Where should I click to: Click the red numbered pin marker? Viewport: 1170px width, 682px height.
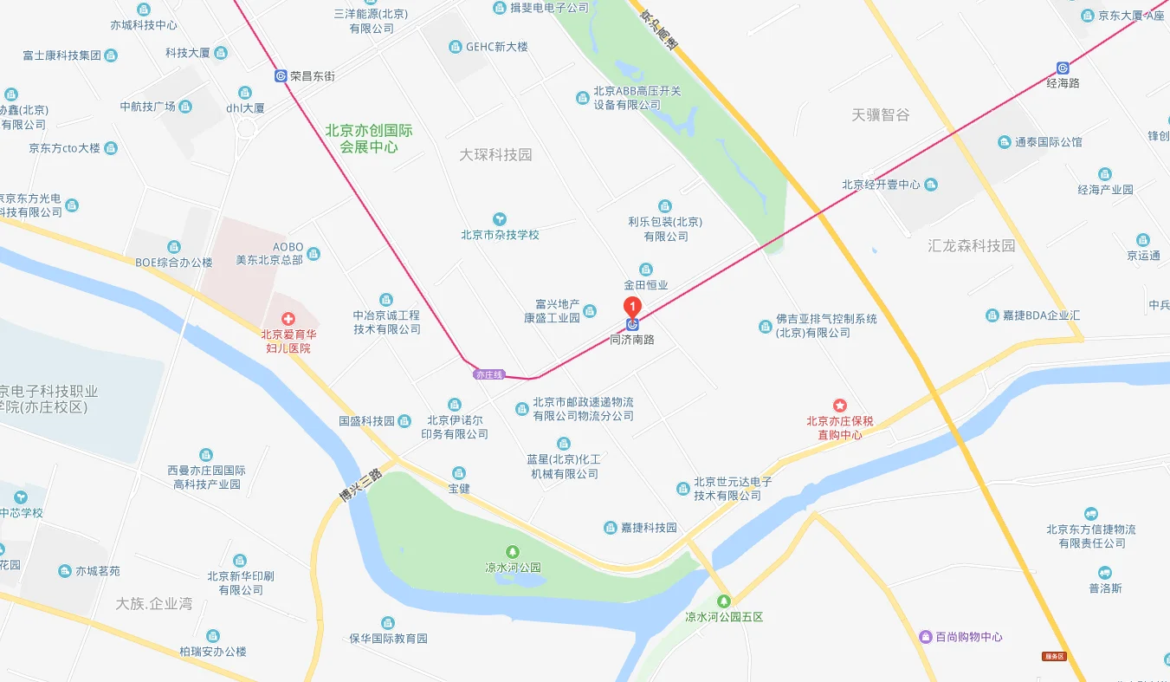click(x=633, y=306)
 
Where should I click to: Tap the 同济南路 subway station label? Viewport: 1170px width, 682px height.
click(x=632, y=339)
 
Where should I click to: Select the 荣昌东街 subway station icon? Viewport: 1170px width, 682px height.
click(x=281, y=75)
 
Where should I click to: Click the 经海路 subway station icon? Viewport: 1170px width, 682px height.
click(x=1063, y=68)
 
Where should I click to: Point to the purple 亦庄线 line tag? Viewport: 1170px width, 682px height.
click(x=488, y=374)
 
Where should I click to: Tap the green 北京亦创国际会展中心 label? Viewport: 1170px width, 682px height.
click(x=369, y=139)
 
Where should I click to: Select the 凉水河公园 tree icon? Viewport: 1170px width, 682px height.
click(x=513, y=551)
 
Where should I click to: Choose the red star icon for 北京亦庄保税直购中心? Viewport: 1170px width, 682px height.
click(x=839, y=405)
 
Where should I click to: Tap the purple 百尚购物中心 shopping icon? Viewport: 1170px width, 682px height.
click(x=925, y=637)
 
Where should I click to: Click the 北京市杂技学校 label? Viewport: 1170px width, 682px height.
click(x=500, y=234)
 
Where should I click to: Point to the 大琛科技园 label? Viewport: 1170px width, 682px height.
click(x=495, y=154)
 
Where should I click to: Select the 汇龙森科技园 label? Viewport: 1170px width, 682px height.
click(x=971, y=245)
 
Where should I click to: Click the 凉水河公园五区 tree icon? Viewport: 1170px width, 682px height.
click(x=724, y=601)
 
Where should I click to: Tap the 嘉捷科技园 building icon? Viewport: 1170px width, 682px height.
click(x=611, y=528)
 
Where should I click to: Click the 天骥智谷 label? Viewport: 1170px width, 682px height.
click(x=881, y=114)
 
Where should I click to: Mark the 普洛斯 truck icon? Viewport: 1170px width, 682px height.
click(x=1104, y=572)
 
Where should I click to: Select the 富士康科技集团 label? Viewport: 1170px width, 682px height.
click(x=62, y=55)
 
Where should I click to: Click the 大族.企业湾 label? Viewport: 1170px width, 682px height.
click(x=154, y=603)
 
